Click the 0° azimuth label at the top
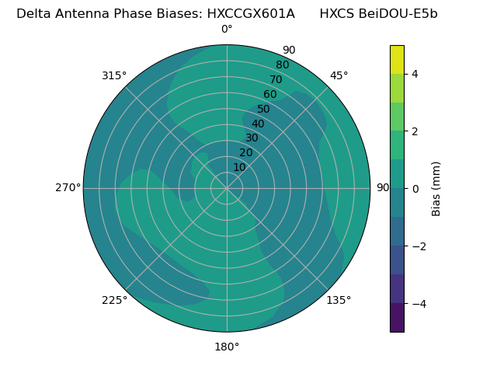227,30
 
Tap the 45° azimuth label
339,75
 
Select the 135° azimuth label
339,300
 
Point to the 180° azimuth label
227,347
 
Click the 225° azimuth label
114,300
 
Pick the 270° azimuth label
68,187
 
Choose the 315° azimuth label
114,75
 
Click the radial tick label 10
239,167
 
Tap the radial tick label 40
258,124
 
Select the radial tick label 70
276,79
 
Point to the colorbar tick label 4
415,74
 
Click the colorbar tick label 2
415,131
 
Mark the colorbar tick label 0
415,189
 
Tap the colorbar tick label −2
417,246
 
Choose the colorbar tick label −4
417,304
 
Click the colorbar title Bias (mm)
436,189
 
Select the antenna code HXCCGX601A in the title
251,13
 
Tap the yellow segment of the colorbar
397,59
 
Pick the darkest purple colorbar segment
397,318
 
